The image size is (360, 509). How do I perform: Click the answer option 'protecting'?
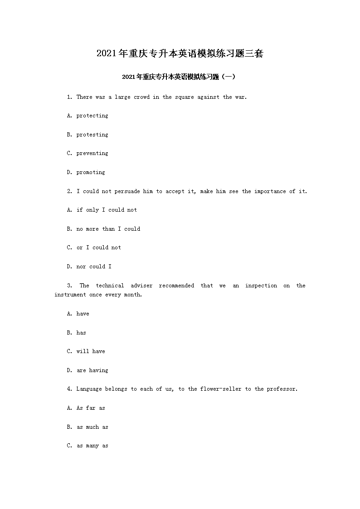pos(92,116)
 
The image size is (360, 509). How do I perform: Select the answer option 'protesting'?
pos(92,135)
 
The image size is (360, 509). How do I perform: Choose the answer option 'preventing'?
pos(92,154)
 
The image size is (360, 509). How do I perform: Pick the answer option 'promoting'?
pos(91,172)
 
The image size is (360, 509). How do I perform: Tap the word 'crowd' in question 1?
pos(141,97)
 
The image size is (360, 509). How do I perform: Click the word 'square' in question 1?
pos(184,97)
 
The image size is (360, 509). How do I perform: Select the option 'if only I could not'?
pos(107,210)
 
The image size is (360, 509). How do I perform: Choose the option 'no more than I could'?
pos(108,229)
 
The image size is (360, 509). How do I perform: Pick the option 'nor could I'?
pos(94,267)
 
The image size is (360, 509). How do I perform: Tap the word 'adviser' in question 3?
pos(141,286)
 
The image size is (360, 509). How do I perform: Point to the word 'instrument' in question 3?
pos(70,295)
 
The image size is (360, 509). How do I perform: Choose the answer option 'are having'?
pos(92,370)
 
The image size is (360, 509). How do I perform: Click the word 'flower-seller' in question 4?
pos(220,389)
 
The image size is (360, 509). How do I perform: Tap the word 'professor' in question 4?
pos(282,389)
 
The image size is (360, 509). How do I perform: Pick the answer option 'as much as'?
pos(92,427)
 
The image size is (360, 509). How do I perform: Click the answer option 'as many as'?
pos(92,446)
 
